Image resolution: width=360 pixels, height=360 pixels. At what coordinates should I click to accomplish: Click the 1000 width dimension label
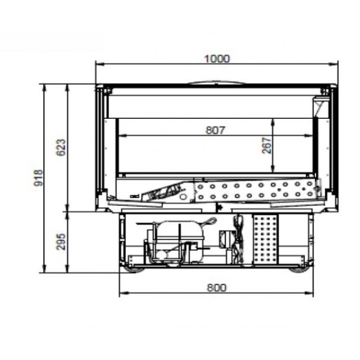coord(217,59)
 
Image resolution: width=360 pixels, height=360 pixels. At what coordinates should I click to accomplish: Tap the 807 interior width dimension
coord(216,130)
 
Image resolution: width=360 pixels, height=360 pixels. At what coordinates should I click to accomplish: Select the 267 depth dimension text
coord(266,146)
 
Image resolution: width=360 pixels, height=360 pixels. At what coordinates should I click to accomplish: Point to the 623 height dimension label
coord(61,148)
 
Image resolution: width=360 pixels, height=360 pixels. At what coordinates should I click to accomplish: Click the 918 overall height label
coord(38,178)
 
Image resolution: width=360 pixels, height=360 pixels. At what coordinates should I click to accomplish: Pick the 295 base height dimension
coord(61,242)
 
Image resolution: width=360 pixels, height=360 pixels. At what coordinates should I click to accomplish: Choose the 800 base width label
coord(217,287)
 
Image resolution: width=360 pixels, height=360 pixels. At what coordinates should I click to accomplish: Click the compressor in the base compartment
coord(178,241)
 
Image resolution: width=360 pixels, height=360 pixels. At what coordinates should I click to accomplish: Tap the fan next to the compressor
coord(238,239)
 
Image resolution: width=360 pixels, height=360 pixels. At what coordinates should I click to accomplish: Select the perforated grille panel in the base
coord(265,239)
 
